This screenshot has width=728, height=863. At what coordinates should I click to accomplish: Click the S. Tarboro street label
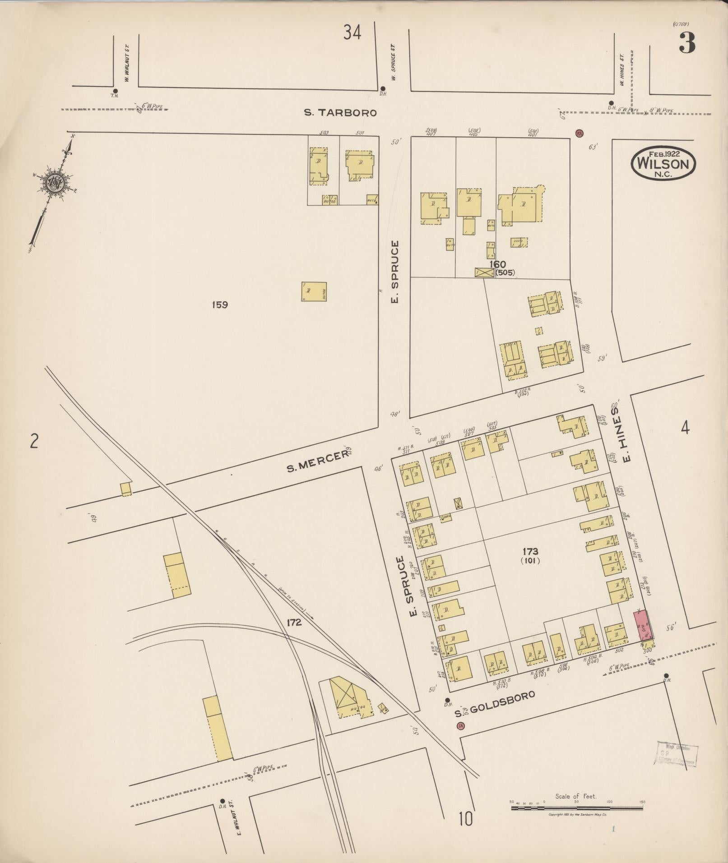coord(340,113)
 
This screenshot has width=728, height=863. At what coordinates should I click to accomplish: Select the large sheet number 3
coord(686,43)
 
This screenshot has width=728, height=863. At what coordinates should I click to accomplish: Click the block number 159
coord(219,305)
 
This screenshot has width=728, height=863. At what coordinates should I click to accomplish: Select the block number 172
coord(294,623)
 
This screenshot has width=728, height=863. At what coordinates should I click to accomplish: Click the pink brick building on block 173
coord(646,626)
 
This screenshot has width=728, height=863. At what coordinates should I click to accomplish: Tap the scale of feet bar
coord(577,808)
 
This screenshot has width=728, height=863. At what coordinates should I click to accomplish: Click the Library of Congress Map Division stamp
coord(676,753)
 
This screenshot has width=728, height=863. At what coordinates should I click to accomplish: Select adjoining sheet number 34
coord(352,32)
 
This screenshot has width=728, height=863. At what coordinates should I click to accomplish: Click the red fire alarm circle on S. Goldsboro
coord(460,726)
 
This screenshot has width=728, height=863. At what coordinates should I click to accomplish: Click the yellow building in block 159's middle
coord(314,291)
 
